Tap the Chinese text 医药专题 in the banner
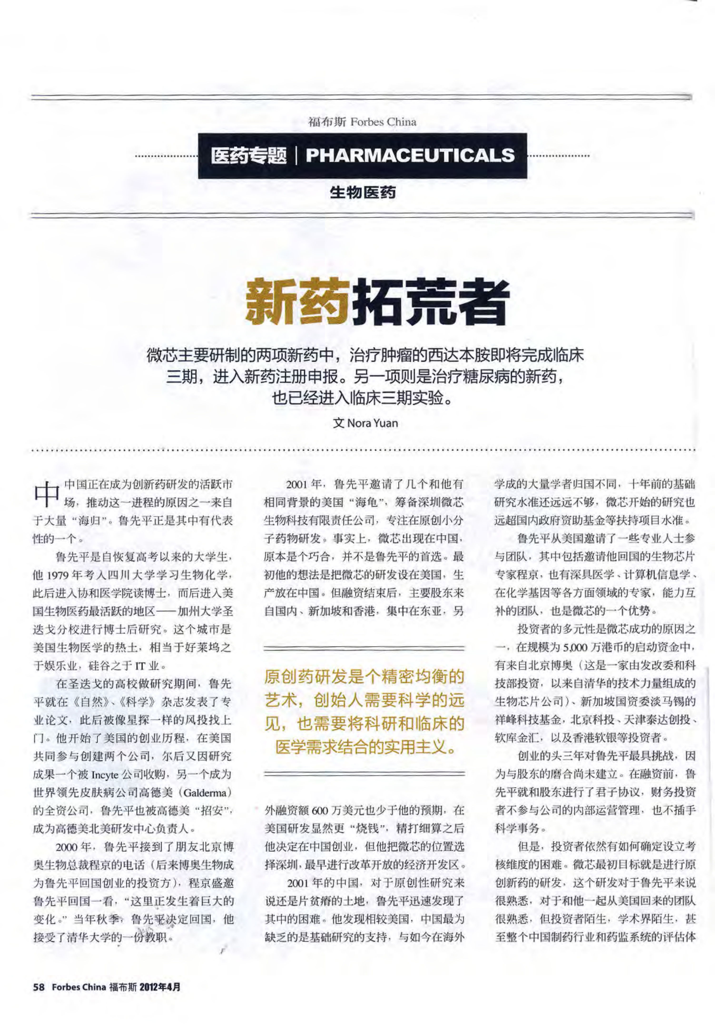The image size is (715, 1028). pos(249,155)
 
